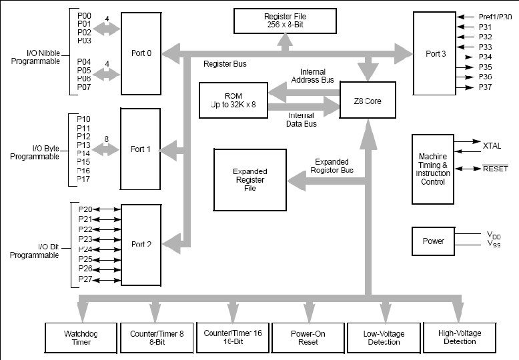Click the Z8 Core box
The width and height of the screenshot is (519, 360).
point(368,100)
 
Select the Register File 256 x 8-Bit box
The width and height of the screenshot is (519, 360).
point(285,21)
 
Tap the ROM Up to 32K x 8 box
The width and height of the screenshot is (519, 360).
point(233,100)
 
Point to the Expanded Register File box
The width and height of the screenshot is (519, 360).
point(250,180)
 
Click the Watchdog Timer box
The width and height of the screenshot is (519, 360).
point(81,338)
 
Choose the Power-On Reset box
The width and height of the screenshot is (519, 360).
point(308,338)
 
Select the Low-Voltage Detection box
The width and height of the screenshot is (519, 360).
point(384,338)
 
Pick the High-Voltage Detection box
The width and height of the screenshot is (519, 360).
point(460,337)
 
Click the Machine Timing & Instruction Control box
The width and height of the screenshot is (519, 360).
point(433,169)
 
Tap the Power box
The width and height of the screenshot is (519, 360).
point(433,241)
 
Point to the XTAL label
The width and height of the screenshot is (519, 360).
point(492,146)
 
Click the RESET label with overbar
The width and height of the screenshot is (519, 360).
point(495,169)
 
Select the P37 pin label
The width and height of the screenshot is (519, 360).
point(485,87)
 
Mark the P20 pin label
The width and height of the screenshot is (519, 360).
point(85,209)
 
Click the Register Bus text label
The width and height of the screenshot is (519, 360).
point(225,64)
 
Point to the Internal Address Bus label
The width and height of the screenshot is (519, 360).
point(312,76)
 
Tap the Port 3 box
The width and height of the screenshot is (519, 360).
point(434,53)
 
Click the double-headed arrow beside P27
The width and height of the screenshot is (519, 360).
point(107,280)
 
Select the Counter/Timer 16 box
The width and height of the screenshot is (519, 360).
point(233,337)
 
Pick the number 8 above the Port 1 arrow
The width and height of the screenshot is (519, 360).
point(106,139)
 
